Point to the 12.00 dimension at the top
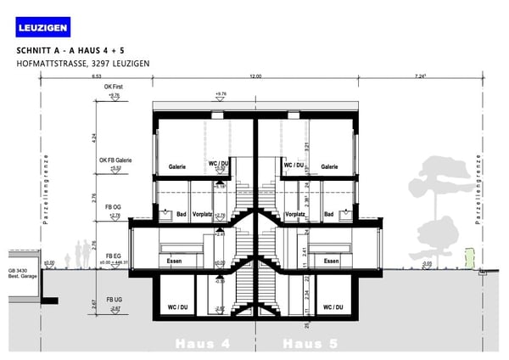pos(255,77)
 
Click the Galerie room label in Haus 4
pos(177,167)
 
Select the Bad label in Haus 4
pos(177,215)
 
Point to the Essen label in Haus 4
pos(176,262)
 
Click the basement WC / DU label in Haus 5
pos(330,307)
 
